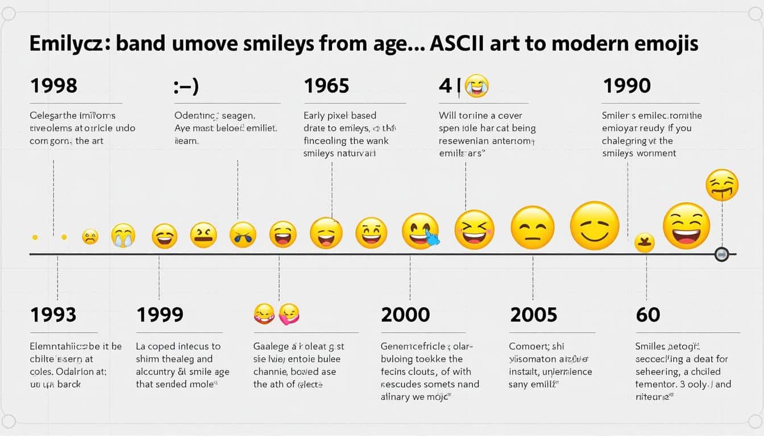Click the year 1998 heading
coord(53,86)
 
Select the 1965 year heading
coord(326,86)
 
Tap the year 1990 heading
coord(626,86)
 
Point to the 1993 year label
coord(53,314)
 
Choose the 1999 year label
coord(160,314)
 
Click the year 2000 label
coord(405,314)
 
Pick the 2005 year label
coord(534,314)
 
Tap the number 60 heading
coord(647,314)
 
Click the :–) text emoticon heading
coord(186,86)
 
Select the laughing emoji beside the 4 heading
coord(476,86)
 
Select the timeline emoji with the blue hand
coord(421,232)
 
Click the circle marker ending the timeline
coord(721,254)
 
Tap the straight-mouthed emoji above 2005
coord(532,228)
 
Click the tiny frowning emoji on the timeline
coord(90,236)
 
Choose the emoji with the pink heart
coord(289,313)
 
